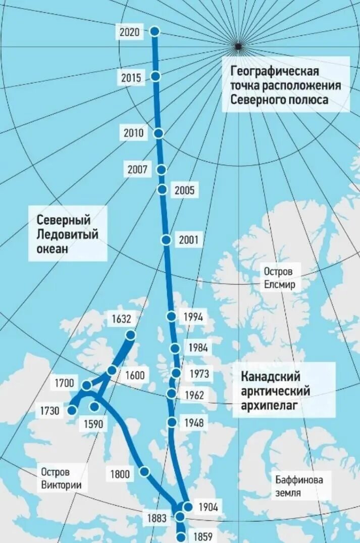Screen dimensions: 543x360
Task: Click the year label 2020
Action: click(x=129, y=32)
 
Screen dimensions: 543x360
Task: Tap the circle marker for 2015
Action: click(x=156, y=76)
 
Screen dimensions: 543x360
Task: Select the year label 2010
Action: click(x=134, y=134)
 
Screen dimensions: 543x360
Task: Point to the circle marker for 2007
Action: click(x=162, y=170)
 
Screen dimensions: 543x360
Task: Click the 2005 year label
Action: click(x=184, y=190)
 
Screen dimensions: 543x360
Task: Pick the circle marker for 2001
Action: click(x=166, y=240)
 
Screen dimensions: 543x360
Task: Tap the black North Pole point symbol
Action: click(x=238, y=46)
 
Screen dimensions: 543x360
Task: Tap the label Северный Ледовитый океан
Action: click(x=67, y=234)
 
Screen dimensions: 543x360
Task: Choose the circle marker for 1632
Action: click(x=131, y=335)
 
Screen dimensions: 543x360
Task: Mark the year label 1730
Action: click(x=50, y=411)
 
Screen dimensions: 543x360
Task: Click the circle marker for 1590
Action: click(x=94, y=406)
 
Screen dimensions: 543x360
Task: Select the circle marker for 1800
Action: click(x=144, y=472)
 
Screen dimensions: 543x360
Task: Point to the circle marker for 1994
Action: click(x=171, y=317)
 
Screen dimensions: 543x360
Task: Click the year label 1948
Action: click(x=194, y=423)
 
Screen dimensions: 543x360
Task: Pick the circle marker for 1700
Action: click(x=87, y=385)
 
